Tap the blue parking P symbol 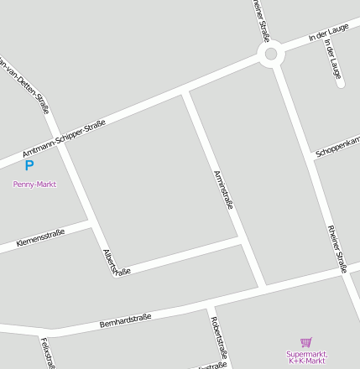(29, 166)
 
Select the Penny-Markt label (34, 184)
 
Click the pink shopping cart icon (305, 342)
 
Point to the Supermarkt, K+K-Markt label (306, 357)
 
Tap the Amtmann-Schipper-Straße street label (64, 138)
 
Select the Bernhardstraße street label (125, 320)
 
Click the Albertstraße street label (117, 262)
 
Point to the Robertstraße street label (220, 336)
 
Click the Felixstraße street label (48, 352)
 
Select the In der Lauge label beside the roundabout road (327, 34)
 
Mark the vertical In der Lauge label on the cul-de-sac (333, 64)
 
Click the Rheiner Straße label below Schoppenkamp (337, 248)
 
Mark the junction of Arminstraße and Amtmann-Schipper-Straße (185, 90)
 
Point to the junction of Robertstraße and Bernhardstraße (209, 307)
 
